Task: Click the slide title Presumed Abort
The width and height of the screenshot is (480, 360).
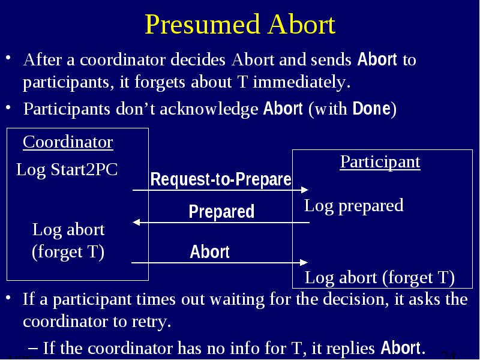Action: tap(240, 25)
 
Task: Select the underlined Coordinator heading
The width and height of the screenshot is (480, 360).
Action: tap(68, 142)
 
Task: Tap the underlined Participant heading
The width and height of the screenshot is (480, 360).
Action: tap(380, 162)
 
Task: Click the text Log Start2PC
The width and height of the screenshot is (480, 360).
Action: tap(67, 170)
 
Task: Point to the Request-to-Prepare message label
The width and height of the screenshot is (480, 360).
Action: tap(221, 179)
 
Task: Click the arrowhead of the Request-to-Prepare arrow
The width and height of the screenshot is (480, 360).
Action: tap(305, 190)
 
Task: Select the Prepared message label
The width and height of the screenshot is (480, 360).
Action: tap(221, 211)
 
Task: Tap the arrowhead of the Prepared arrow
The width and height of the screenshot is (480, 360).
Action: tap(136, 222)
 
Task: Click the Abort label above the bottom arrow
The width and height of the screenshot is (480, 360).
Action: tap(209, 251)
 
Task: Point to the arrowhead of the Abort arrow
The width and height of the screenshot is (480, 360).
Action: tap(304, 262)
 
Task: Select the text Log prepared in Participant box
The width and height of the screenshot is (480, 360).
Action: tap(353, 206)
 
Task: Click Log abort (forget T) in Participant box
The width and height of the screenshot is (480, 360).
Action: tap(380, 278)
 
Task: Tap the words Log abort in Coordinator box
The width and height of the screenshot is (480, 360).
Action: tap(68, 230)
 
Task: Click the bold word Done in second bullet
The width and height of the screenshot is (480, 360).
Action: tap(371, 109)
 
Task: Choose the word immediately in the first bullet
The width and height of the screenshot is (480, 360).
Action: tap(302, 82)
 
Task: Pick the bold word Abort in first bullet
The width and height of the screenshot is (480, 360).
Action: tap(377, 59)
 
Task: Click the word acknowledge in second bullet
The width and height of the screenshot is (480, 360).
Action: tap(209, 109)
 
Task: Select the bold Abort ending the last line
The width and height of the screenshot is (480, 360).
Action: tap(401, 348)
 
